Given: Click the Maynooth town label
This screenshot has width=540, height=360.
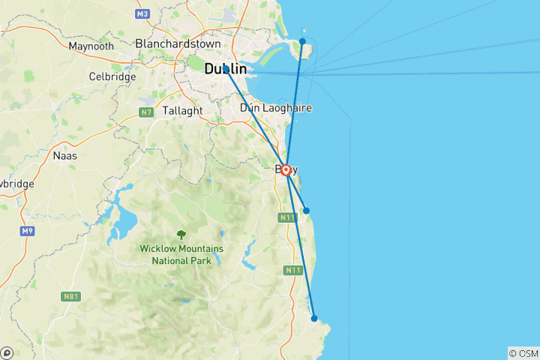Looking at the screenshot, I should click(91, 46).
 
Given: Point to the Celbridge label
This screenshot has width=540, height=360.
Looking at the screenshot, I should click(112, 76).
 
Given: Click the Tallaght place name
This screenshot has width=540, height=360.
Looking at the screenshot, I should click(181, 110).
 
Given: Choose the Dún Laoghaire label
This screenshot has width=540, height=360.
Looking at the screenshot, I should click(275, 108).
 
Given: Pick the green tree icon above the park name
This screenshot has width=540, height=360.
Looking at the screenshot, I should click(181, 234).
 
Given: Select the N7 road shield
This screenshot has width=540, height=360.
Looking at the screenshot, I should click(146, 112).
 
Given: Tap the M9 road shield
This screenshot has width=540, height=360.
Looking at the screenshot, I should click(28, 230).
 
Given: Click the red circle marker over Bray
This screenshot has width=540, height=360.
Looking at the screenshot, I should click(286, 170).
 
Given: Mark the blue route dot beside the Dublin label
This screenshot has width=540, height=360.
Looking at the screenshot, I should click(226, 68).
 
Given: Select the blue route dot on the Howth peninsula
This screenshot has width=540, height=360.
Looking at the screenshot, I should click(302, 41).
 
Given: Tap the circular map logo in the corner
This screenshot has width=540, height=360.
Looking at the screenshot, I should click(7, 352).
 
